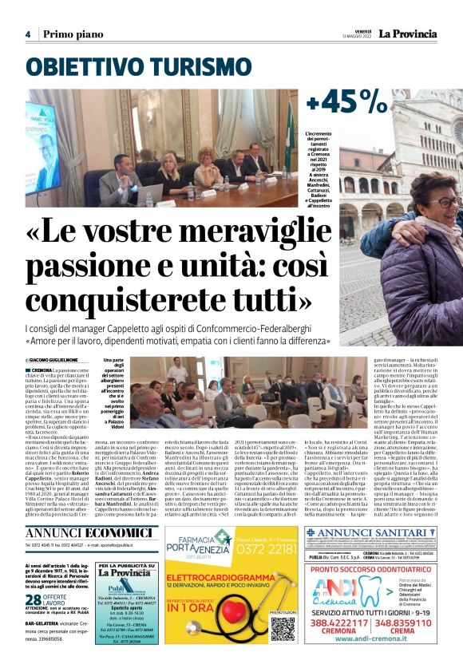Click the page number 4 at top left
point(27,34)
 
